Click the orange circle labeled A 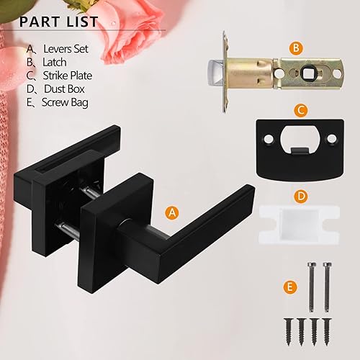(171, 212)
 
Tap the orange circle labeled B (296, 48)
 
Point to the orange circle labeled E (290, 287)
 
